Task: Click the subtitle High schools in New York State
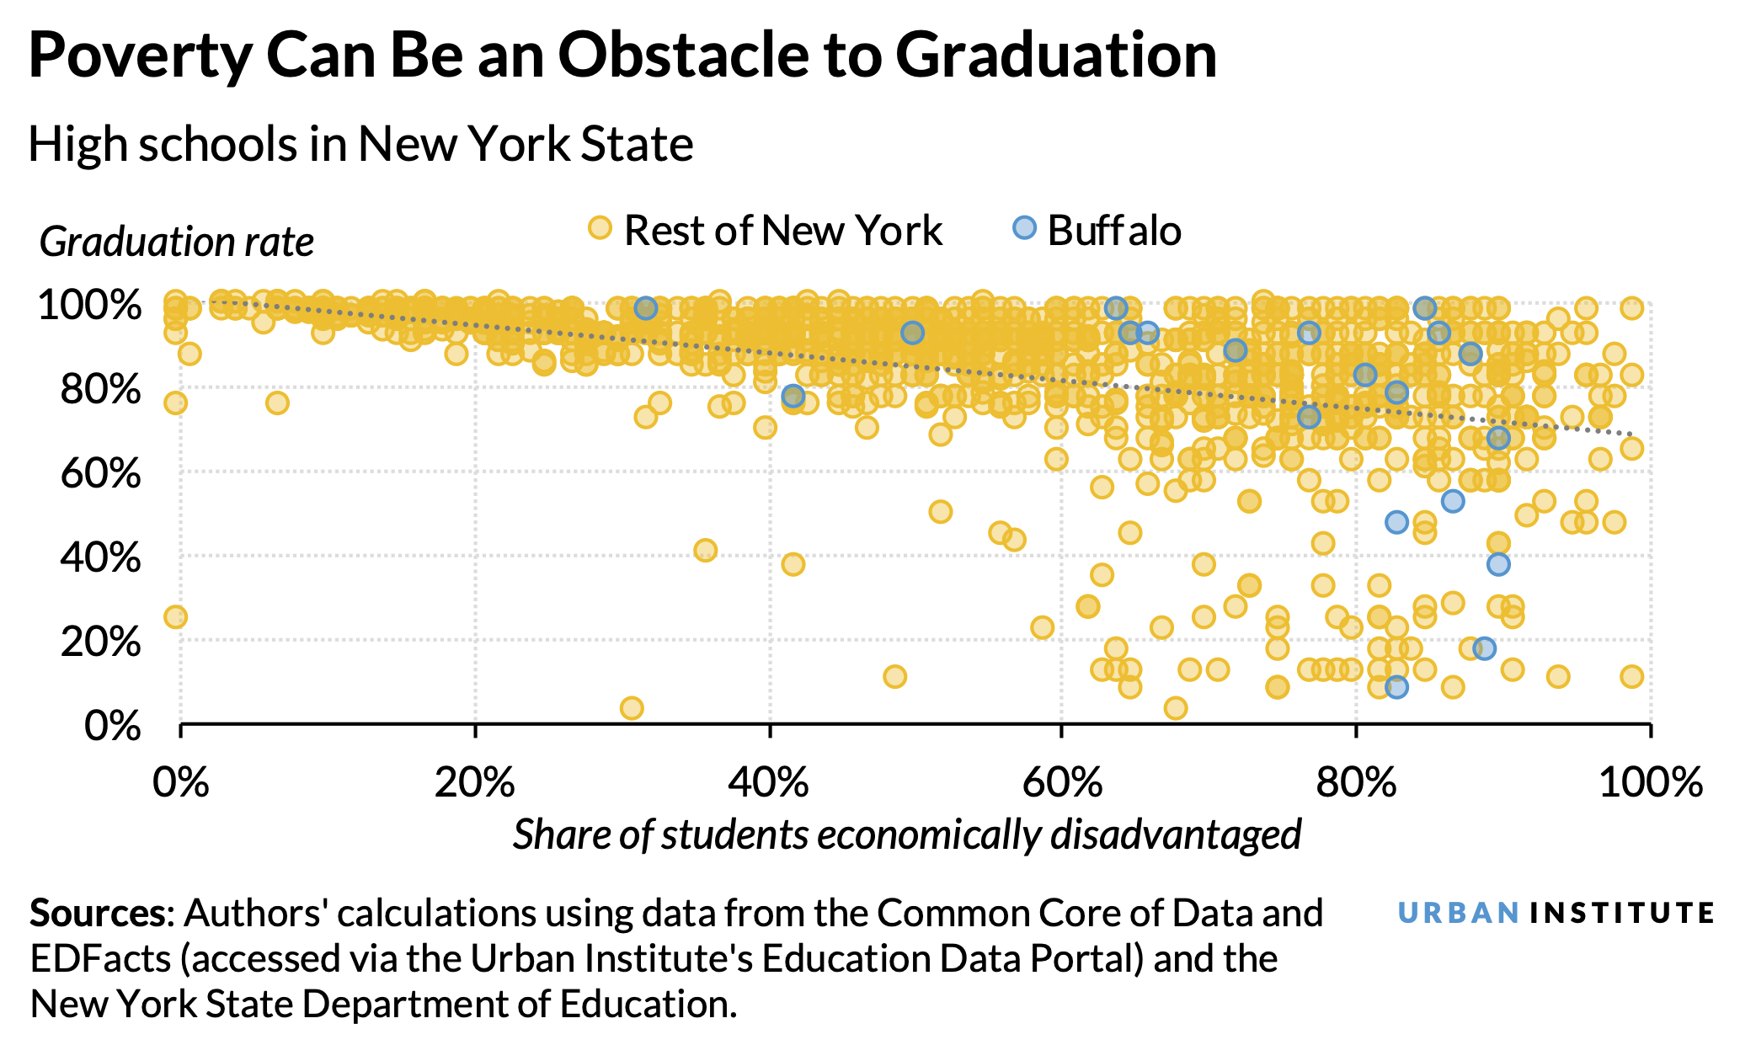[x=360, y=144]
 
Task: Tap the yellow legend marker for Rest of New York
[x=600, y=228]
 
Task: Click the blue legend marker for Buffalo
[x=1023, y=228]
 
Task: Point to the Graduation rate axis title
[x=176, y=243]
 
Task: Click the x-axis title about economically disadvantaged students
[x=907, y=834]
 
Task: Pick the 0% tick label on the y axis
[x=113, y=726]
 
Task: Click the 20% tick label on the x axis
[x=474, y=782]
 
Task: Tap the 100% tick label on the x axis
[x=1650, y=782]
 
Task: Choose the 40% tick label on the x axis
[x=768, y=782]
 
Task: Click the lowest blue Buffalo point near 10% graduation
[x=1396, y=687]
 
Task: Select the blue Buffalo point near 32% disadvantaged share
[x=646, y=308]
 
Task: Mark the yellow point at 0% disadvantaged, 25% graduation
[x=175, y=617]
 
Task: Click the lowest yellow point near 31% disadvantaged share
[x=632, y=708]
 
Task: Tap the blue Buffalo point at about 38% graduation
[x=1497, y=564]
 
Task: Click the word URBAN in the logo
[x=1458, y=913]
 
